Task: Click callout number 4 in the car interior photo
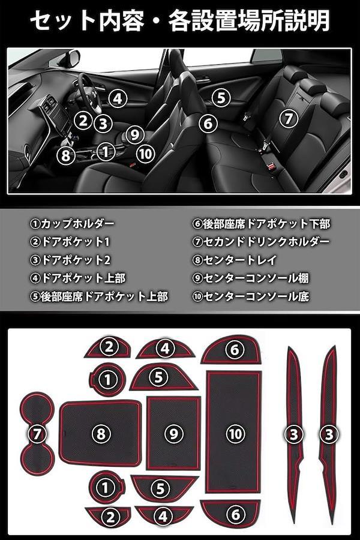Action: point(118,98)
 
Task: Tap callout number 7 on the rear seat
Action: point(289,119)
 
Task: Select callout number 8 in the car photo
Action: point(65,155)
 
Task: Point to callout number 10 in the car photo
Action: point(145,154)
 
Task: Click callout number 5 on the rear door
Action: point(221,98)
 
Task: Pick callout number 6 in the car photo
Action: point(208,124)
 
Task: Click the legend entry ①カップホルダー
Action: point(72,224)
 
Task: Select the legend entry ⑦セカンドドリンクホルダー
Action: point(261,242)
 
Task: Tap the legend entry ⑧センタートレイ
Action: point(234,260)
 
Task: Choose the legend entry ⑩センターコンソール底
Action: point(250,296)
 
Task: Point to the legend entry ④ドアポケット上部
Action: point(78,278)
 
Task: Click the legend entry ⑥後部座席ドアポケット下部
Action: point(261,224)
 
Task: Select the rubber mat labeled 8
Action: point(100,433)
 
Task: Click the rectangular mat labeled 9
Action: point(173,433)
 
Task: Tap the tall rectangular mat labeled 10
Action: point(234,432)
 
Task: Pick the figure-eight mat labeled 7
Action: point(37,434)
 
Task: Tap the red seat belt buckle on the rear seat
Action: point(272,167)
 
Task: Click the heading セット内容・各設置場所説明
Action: point(180,20)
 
